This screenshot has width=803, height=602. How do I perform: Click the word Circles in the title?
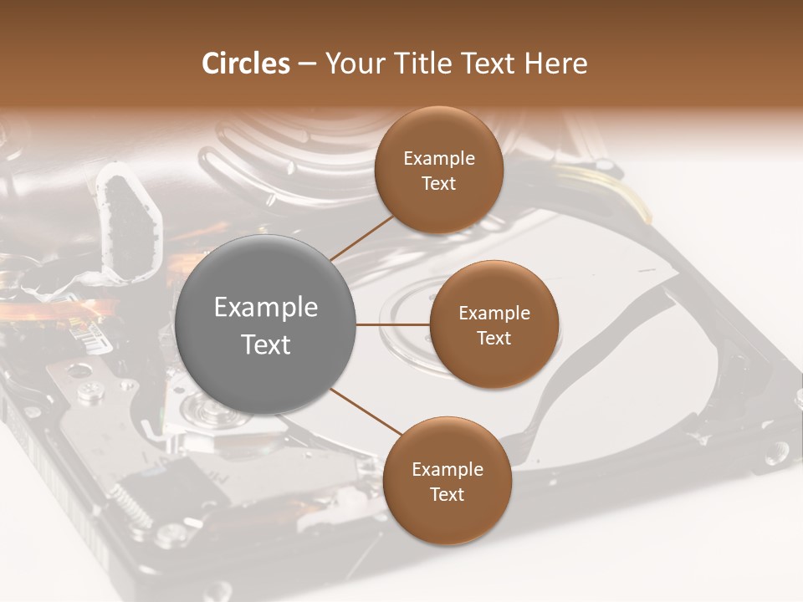point(245,64)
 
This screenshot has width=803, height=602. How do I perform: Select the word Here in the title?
point(555,64)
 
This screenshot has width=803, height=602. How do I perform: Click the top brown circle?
point(439,171)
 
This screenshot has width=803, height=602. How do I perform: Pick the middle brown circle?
point(494,324)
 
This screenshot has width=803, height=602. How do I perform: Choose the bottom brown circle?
point(447,481)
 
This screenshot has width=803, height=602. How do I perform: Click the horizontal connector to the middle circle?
point(393,324)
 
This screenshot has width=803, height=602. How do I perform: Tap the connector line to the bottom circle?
point(366,412)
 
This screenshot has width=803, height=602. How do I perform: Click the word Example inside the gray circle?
point(266,308)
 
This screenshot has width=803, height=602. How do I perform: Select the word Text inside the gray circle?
point(266,344)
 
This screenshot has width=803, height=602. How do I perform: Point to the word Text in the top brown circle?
point(439,184)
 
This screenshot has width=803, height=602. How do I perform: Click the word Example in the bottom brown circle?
point(448,469)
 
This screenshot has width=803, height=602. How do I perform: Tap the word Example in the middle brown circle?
point(494,313)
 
